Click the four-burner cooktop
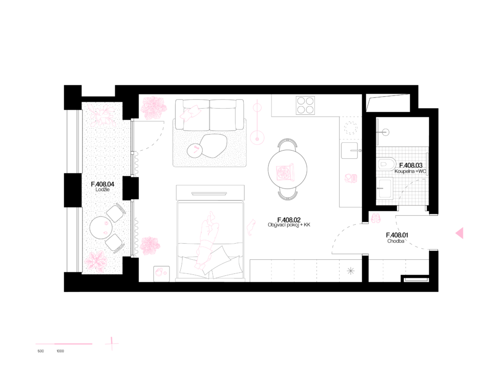(305, 105)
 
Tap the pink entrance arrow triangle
(459, 233)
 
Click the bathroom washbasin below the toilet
(385, 188)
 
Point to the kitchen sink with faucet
(350, 151)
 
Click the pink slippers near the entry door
(375, 218)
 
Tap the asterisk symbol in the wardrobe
(351, 271)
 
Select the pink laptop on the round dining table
(285, 172)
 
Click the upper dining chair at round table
(288, 143)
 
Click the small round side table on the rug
(195, 151)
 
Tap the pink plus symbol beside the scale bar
(112, 344)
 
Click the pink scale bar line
(64, 344)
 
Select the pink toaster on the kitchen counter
(351, 178)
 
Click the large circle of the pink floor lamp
(257, 137)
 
